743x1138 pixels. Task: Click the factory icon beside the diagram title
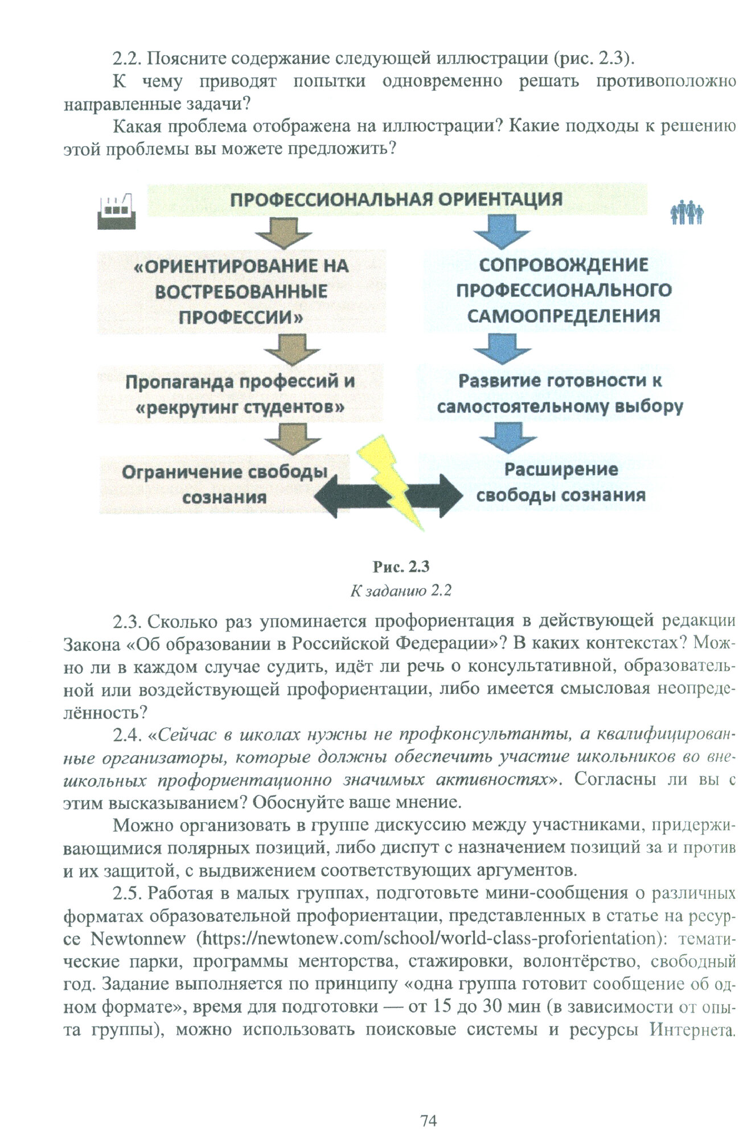pyautogui.click(x=117, y=211)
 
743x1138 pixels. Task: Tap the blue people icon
pyautogui.click(x=686, y=213)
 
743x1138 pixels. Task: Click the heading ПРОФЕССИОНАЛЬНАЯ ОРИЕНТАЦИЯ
pyautogui.click(x=396, y=199)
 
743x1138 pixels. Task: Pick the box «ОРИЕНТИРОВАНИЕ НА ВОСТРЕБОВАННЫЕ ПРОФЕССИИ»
pyautogui.click(x=241, y=291)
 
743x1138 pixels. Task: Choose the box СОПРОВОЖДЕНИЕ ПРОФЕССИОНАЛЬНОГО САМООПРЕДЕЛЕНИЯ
pyautogui.click(x=564, y=290)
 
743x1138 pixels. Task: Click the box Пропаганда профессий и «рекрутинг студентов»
pyautogui.click(x=240, y=394)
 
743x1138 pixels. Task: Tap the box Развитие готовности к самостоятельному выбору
pyautogui.click(x=560, y=393)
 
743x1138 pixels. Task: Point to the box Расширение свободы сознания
pyautogui.click(x=561, y=483)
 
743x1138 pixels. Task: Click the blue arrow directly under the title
pyautogui.click(x=502, y=232)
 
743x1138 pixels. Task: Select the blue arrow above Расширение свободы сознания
pyautogui.click(x=508, y=437)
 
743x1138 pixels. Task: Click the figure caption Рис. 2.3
pyautogui.click(x=401, y=567)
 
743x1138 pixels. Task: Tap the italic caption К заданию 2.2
pyautogui.click(x=401, y=591)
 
